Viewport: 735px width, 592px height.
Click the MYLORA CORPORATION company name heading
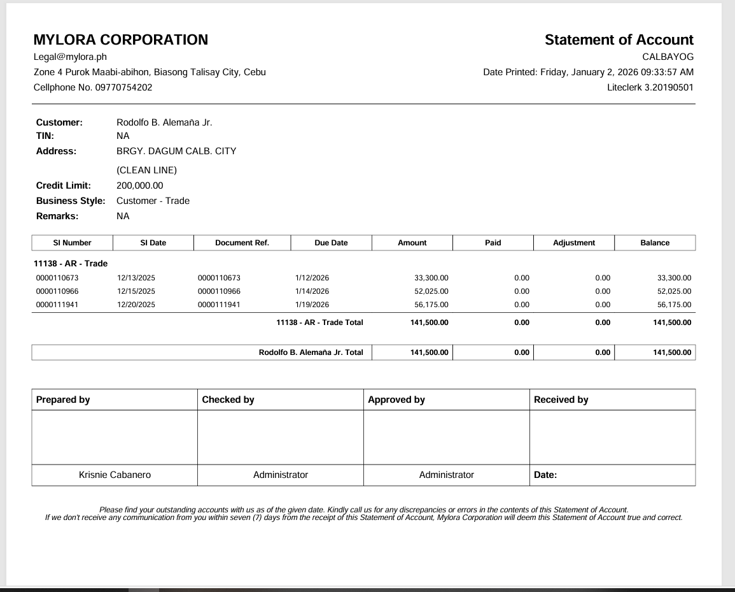(x=120, y=40)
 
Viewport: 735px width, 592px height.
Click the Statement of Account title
(x=619, y=40)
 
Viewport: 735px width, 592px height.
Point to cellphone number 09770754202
(x=123, y=87)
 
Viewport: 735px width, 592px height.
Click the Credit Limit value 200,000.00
(x=140, y=185)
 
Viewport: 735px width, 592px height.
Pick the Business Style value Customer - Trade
(x=153, y=201)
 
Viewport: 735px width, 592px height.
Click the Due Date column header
(x=331, y=243)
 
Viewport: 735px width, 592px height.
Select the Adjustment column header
(x=574, y=243)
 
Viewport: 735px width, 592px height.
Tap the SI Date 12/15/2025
(x=136, y=291)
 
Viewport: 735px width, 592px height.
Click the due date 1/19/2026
(x=312, y=305)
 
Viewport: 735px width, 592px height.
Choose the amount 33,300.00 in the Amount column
(x=431, y=278)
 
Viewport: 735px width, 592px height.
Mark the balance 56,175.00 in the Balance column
(x=674, y=305)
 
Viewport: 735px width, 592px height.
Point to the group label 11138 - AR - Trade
(x=71, y=263)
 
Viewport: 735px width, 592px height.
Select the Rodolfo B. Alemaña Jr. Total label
(x=311, y=352)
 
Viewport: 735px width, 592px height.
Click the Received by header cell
(x=561, y=400)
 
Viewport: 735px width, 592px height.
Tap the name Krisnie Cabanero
(x=115, y=475)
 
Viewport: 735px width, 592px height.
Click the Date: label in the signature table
(x=545, y=475)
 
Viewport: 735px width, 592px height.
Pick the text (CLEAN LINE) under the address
(x=146, y=170)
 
